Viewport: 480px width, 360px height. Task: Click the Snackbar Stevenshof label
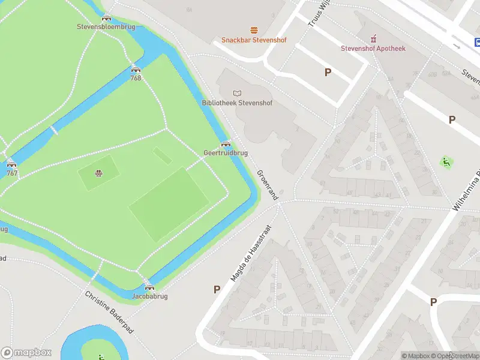click(x=254, y=40)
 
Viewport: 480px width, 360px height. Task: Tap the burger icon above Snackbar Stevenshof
click(x=254, y=29)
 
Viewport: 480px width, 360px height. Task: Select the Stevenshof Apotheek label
click(x=373, y=48)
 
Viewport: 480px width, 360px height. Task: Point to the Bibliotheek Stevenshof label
click(x=236, y=103)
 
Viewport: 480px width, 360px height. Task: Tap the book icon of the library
click(x=237, y=92)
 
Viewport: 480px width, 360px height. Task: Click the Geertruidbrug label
click(x=226, y=153)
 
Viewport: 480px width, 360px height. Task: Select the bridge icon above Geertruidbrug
click(x=226, y=144)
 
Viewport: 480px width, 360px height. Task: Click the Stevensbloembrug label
click(x=106, y=26)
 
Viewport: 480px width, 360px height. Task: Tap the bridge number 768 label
click(x=136, y=78)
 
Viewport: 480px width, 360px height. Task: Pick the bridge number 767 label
click(x=11, y=173)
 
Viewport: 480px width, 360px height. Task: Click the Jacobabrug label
click(x=149, y=296)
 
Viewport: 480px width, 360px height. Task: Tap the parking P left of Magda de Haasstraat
click(x=217, y=289)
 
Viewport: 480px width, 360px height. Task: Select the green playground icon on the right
click(x=446, y=162)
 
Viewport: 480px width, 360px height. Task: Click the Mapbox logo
click(x=26, y=353)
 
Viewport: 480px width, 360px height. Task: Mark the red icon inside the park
click(x=97, y=174)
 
